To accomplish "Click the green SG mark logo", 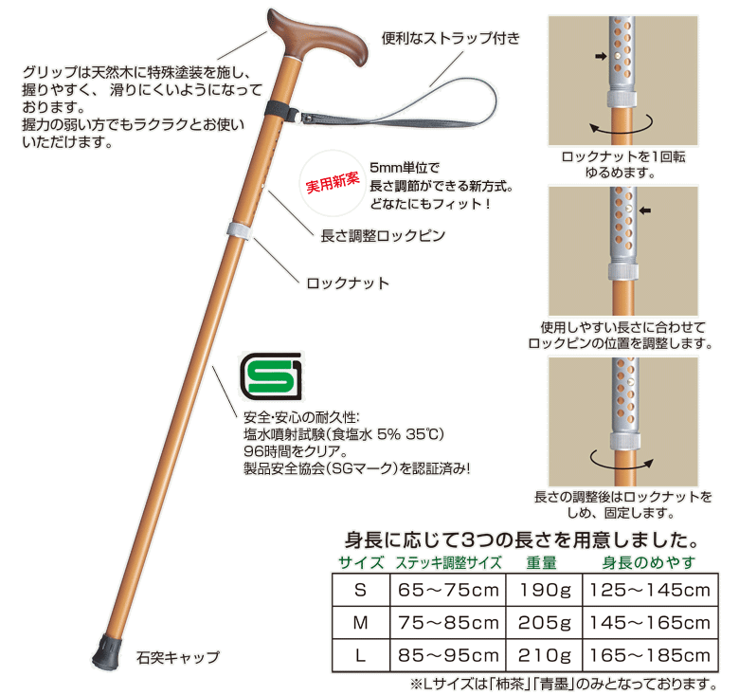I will [270, 377].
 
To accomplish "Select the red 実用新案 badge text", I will [333, 178].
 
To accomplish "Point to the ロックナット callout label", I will [348, 283].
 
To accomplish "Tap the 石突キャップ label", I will [178, 656].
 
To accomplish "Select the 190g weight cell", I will [546, 591].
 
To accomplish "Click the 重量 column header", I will [546, 562].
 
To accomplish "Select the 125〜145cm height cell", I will [649, 591].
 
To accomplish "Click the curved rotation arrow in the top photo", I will [620, 124].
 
